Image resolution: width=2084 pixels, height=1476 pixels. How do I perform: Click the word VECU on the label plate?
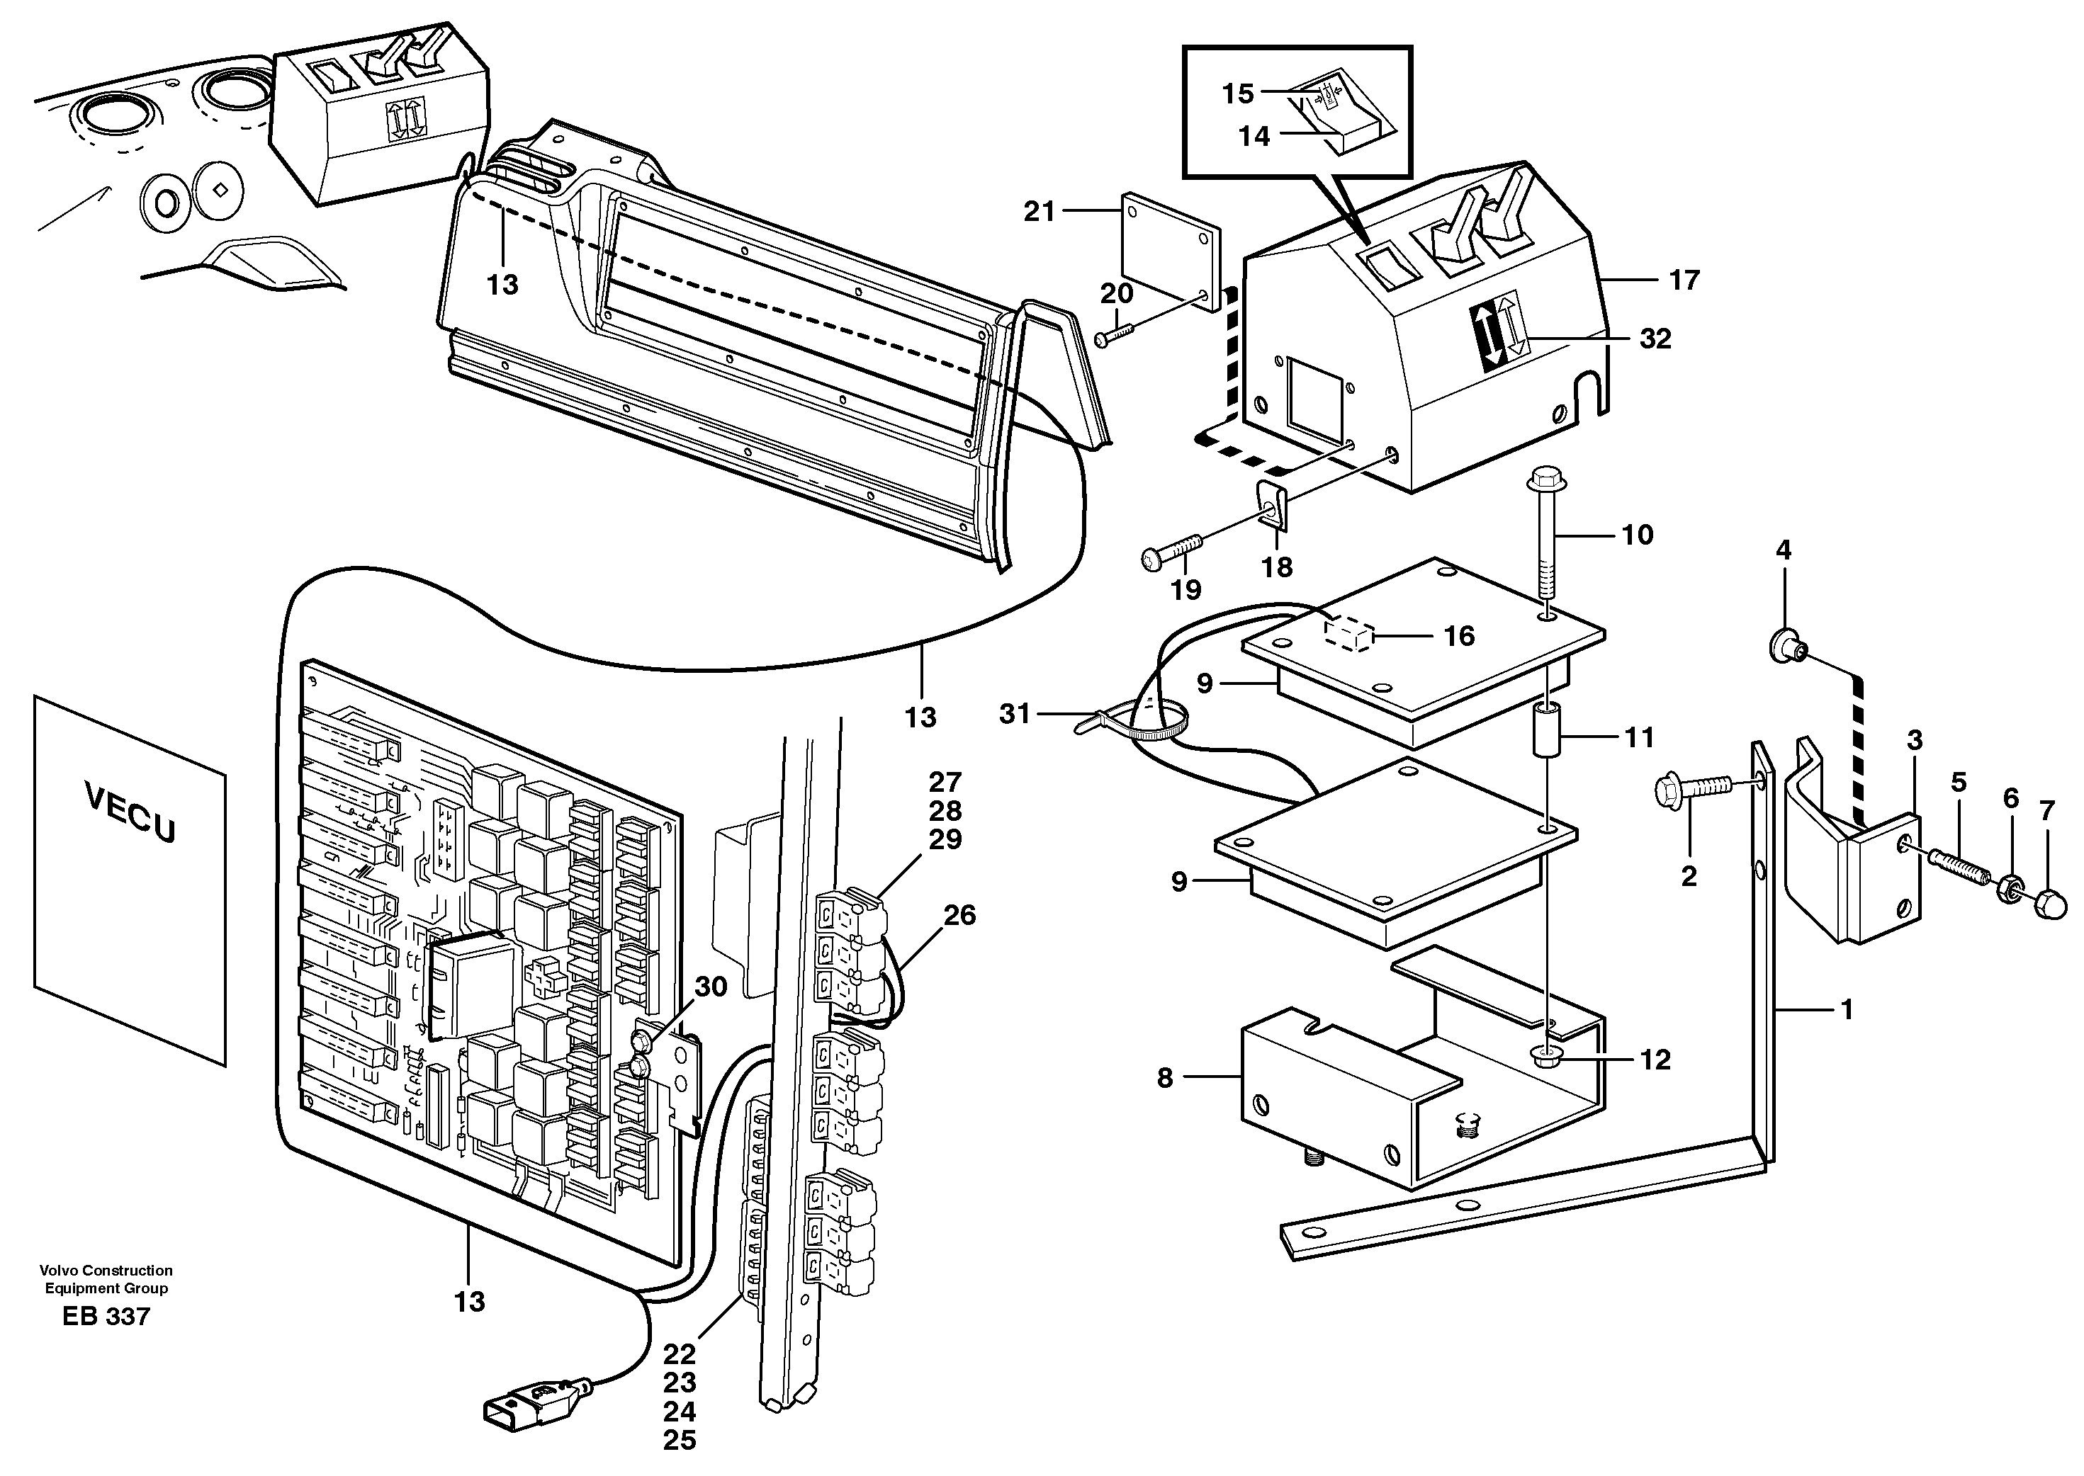point(130,812)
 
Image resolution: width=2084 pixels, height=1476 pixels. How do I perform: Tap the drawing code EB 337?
point(106,1316)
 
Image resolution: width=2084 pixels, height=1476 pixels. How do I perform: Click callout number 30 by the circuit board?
point(710,986)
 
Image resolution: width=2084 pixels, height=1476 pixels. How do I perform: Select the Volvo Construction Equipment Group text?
point(106,1279)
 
